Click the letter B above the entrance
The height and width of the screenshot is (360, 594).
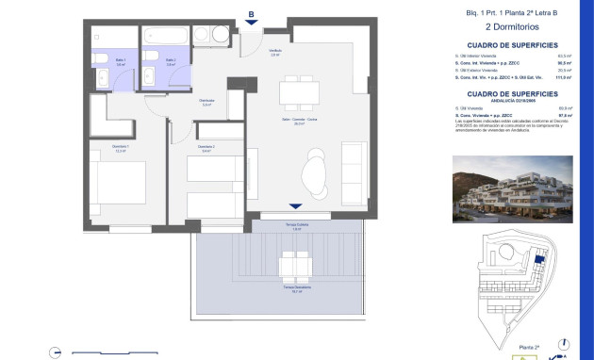pyautogui.click(x=250, y=14)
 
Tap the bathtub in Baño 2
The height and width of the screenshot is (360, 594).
pyautogui.click(x=166, y=37)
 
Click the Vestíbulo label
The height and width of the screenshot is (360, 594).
pyautogui.click(x=275, y=52)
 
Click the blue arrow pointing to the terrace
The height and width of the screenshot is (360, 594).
pyautogui.click(x=295, y=206)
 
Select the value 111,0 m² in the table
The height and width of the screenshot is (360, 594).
pyautogui.click(x=565, y=77)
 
